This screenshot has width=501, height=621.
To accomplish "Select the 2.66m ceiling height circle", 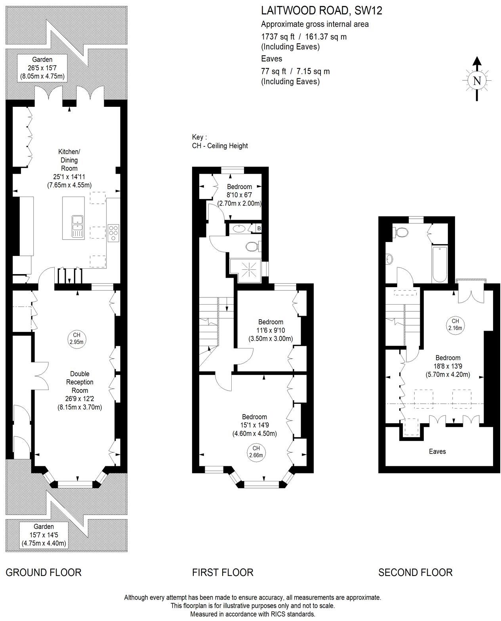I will [256, 451].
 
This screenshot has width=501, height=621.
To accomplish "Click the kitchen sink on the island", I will [77, 226].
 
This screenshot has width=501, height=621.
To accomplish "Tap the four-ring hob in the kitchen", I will [113, 233].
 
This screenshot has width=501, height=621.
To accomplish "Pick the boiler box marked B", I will [259, 228].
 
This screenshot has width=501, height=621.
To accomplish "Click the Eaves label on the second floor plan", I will [437, 451].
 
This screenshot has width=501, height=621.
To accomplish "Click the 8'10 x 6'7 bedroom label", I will [240, 195].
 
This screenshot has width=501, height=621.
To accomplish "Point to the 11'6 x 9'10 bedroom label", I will [271, 330].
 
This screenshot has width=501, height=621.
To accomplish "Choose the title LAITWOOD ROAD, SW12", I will [321, 11].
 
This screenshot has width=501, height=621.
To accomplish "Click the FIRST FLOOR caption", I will [223, 572].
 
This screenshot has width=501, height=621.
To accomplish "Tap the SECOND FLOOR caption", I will [415, 572].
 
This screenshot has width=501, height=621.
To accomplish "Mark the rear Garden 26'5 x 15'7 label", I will [43, 68].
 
